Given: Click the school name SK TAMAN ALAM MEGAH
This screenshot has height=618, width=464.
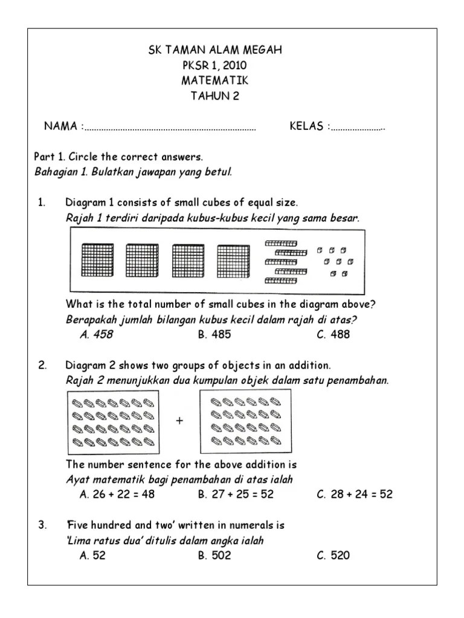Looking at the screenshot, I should (215, 50).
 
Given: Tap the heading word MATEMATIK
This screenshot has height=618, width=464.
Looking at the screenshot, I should (215, 81).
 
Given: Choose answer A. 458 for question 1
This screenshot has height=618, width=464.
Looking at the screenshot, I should (96, 334).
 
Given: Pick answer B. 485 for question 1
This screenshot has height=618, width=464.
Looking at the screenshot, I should (214, 334).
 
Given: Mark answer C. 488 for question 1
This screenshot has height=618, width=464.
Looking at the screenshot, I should (333, 334).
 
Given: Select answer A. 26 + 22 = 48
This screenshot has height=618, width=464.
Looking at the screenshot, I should (117, 494).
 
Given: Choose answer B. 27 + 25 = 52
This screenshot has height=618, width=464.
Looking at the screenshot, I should (236, 494).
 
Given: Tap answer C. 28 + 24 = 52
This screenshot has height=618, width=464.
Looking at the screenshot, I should (355, 494).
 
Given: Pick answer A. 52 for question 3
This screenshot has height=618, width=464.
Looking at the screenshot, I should (92, 555).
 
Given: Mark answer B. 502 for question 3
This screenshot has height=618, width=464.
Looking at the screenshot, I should (214, 555).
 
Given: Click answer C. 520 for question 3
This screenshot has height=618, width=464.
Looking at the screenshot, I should (333, 555).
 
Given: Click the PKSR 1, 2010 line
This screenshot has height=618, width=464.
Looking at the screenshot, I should (215, 66).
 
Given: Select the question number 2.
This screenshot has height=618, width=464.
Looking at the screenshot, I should (42, 366).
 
